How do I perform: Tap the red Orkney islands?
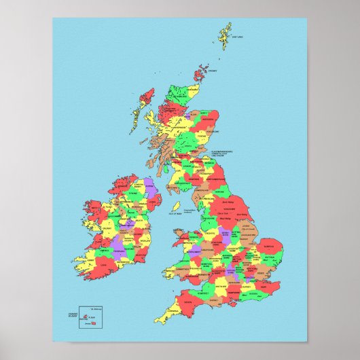point(203,71)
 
